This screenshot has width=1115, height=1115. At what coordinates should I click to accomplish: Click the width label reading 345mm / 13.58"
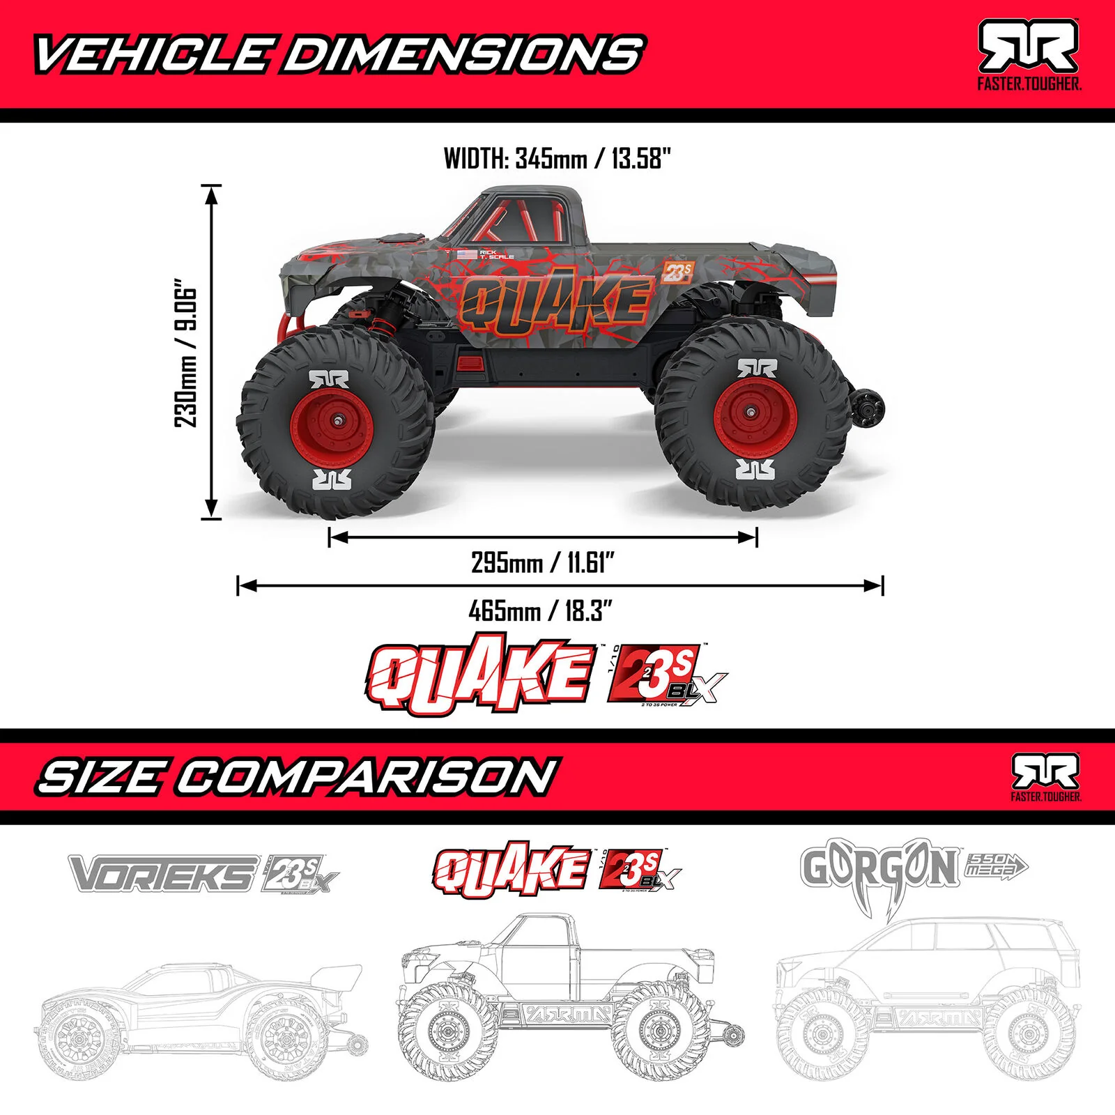click(x=557, y=159)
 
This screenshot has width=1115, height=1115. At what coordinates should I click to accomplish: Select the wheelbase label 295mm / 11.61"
click(x=543, y=562)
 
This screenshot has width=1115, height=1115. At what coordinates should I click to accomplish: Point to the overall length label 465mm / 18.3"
click(x=540, y=611)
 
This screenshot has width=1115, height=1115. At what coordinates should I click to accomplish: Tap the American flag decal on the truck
click(x=468, y=254)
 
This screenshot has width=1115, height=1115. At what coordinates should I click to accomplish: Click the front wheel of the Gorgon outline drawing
click(x=816, y=1031)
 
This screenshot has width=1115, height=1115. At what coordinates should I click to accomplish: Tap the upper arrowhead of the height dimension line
click(x=211, y=194)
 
